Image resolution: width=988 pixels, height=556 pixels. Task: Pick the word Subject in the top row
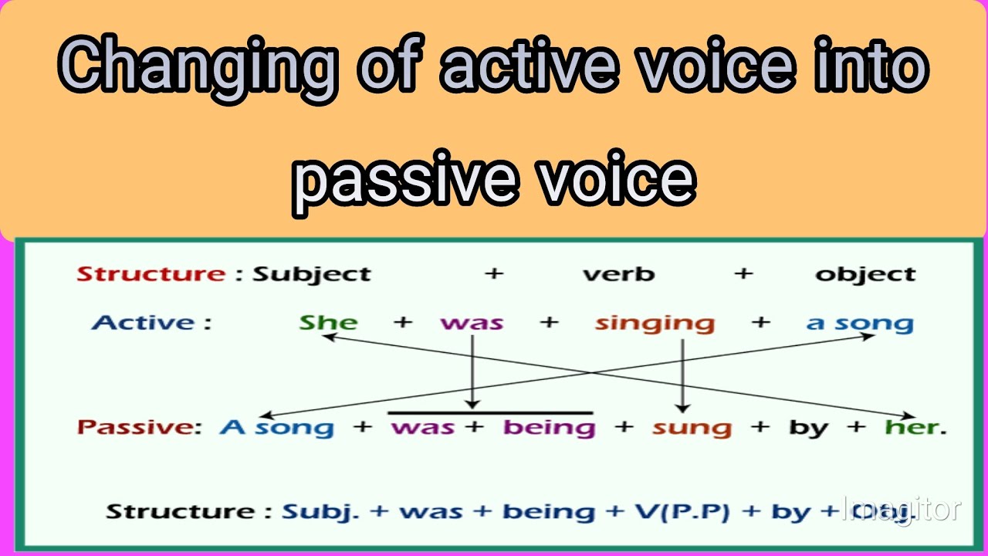(x=312, y=274)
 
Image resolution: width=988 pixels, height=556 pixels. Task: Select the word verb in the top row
(x=618, y=274)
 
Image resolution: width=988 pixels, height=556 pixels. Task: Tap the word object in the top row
(x=865, y=274)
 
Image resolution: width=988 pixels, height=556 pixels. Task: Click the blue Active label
(x=151, y=322)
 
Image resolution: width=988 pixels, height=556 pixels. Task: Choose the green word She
(x=328, y=322)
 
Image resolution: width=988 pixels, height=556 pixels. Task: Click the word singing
(x=655, y=324)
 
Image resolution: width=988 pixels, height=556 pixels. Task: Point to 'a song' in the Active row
(x=859, y=324)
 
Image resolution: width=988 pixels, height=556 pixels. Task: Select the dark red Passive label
(x=140, y=427)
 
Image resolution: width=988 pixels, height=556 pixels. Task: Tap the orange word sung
(x=692, y=427)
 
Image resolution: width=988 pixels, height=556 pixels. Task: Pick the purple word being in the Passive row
(x=549, y=427)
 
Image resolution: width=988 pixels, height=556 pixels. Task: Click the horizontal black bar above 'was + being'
(x=490, y=413)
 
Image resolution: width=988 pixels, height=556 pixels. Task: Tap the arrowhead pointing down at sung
(x=682, y=406)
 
